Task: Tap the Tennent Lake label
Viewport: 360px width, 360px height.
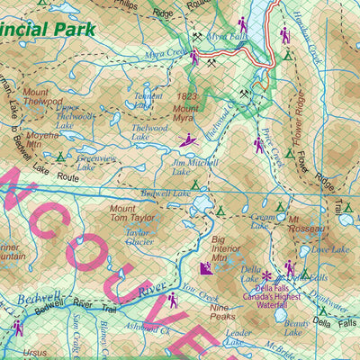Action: point(148,100)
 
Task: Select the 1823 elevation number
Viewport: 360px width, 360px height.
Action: point(187,95)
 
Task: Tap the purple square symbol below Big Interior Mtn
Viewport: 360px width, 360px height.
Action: point(205,268)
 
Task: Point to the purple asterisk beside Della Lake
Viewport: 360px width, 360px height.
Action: point(267,267)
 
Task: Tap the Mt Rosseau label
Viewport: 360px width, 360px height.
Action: point(306,222)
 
